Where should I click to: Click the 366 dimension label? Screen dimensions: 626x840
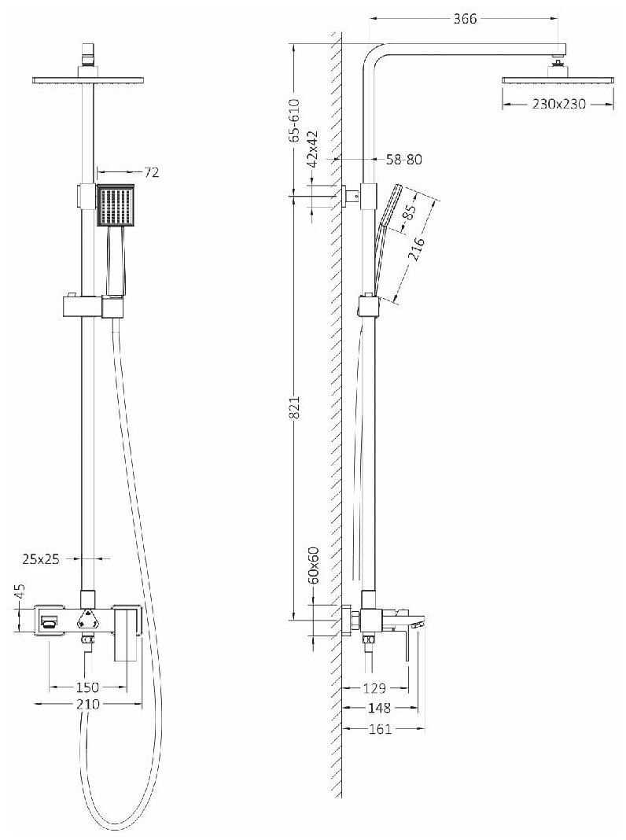466,20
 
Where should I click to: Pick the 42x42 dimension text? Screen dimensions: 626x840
313,150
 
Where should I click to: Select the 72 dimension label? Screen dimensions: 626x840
152,172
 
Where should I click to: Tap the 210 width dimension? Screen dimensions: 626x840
87,705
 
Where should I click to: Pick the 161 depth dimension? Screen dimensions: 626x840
381,729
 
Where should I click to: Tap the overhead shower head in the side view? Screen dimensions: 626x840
558,79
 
